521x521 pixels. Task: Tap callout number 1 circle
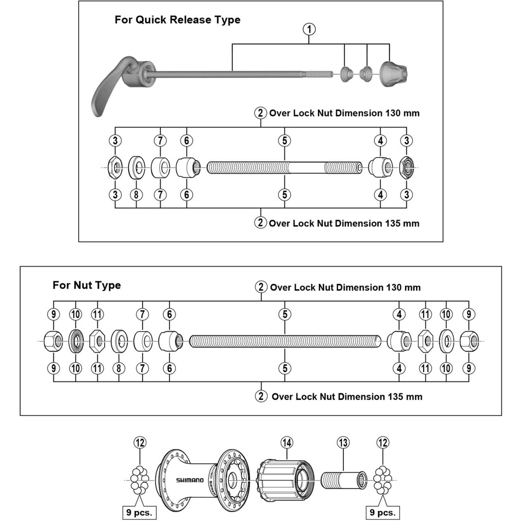pos(309,29)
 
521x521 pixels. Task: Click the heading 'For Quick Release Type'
pos(177,20)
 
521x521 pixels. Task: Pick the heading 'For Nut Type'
pos(86,285)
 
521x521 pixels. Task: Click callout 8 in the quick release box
pos(136,195)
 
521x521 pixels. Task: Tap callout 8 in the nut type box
pos(119,368)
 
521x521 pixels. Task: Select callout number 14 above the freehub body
pos(287,443)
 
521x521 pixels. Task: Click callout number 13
pos(343,443)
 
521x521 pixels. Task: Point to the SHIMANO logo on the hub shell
pos(190,480)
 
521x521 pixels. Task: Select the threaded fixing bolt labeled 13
pos(344,480)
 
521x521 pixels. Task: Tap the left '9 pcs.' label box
pos(139,512)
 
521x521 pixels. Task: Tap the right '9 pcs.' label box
pos(383,512)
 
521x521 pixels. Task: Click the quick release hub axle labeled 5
pos(284,168)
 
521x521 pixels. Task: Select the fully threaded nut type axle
pos(285,341)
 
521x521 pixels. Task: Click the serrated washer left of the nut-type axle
pos(76,341)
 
